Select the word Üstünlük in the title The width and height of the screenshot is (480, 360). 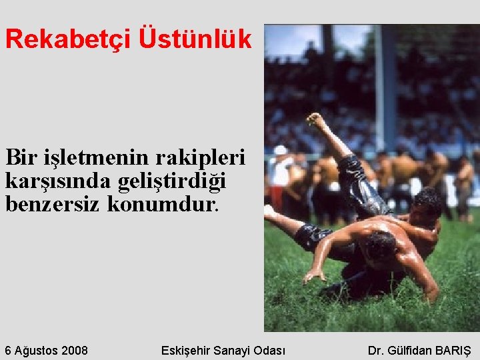[x=195, y=40]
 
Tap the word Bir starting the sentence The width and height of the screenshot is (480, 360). [x=20, y=159]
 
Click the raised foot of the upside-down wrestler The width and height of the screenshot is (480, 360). [x=315, y=120]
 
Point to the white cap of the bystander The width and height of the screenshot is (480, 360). [x=280, y=150]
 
